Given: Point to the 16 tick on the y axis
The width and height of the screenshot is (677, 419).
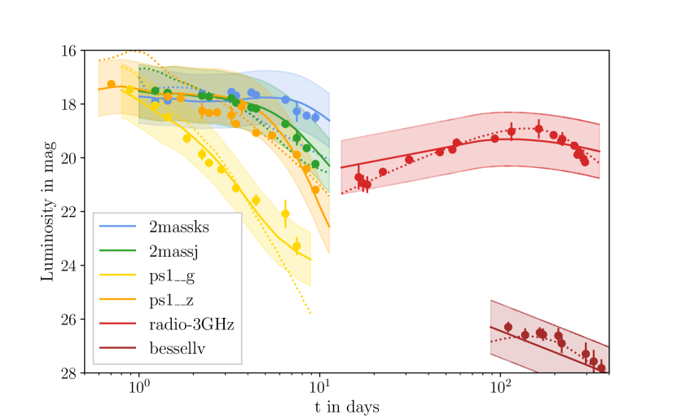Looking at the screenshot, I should point(68,51).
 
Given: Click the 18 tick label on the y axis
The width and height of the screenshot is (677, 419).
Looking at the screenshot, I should point(68,104).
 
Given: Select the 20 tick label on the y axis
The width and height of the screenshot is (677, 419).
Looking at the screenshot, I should point(68,158).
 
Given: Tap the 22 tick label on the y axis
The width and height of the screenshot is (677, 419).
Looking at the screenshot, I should point(68,212).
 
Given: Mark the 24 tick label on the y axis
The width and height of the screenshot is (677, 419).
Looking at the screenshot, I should point(68,266).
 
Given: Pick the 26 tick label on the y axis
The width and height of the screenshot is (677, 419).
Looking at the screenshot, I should point(68,320).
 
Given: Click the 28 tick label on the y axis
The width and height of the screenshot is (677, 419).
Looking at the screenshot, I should point(68,373).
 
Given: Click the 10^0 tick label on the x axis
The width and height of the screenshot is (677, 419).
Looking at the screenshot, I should point(138,386).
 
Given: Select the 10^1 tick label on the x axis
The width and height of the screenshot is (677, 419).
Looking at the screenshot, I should point(319,386).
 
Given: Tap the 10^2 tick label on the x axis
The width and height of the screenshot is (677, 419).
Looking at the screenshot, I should point(500,386).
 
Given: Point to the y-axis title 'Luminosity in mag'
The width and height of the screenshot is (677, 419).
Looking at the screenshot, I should point(48,212).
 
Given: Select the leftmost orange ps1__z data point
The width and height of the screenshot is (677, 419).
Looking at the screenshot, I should point(112,84).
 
